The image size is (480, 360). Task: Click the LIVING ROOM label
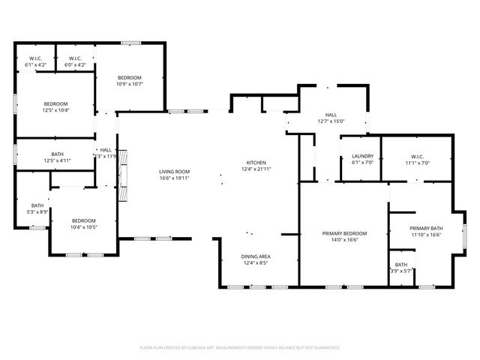click(173, 172)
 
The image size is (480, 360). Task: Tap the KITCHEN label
click(257, 163)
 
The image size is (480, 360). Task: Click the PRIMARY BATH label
click(426, 229)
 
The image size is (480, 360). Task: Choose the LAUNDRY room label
click(362, 156)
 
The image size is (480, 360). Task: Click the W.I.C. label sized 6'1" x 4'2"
click(35, 58)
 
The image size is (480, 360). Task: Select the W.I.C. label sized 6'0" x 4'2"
click(75, 58)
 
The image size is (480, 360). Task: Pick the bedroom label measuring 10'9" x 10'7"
click(130, 78)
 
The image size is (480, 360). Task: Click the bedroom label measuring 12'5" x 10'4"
click(55, 103)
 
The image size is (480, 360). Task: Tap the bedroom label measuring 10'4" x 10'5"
click(83, 220)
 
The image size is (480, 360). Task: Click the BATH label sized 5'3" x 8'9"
click(37, 205)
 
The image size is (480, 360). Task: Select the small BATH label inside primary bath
click(401, 264)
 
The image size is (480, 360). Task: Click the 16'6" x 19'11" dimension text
click(173, 178)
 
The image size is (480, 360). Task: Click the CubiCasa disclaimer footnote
click(240, 348)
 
